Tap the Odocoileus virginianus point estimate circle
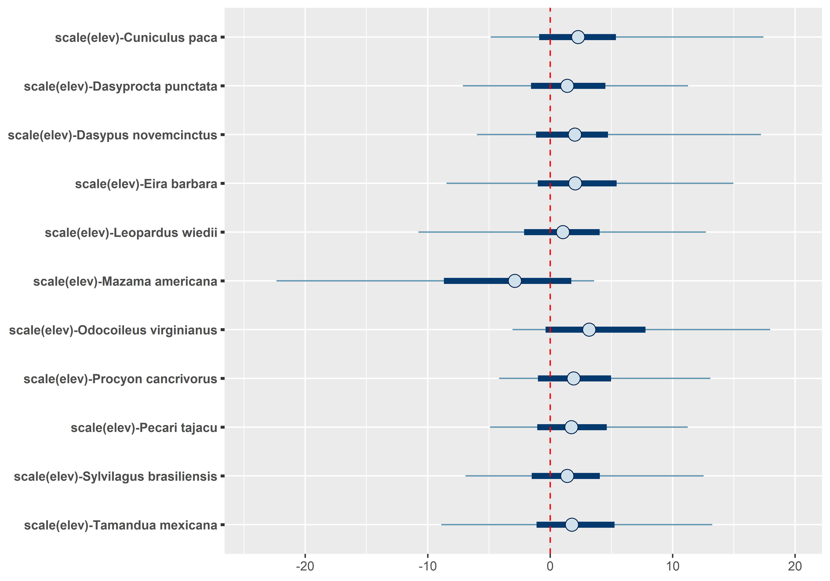[x=589, y=330]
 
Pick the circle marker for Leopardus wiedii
[x=562, y=232]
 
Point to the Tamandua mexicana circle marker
[x=571, y=525]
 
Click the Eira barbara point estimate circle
[x=575, y=183]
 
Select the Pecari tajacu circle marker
[x=571, y=427]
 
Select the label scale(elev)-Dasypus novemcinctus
[x=112, y=135]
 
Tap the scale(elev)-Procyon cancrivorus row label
[x=120, y=379]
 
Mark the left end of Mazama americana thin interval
[x=277, y=281]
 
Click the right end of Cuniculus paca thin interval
[x=763, y=37]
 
